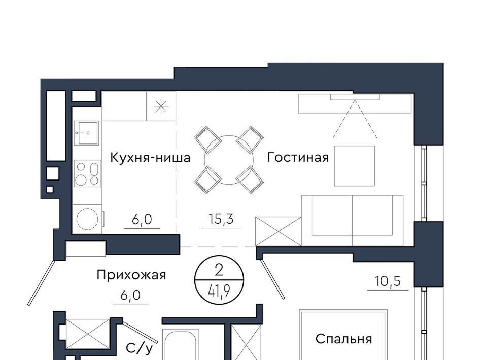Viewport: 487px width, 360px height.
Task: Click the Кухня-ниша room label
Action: pyautogui.click(x=150, y=158)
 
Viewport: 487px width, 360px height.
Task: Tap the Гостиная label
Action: pyautogui.click(x=298, y=157)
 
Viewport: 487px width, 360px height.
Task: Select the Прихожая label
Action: pyautogui.click(x=131, y=275)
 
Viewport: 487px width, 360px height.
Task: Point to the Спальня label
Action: pyautogui.click(x=343, y=339)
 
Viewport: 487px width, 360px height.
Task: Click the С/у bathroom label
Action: pyautogui.click(x=140, y=348)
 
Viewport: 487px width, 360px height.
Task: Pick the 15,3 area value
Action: pyautogui.click(x=221, y=219)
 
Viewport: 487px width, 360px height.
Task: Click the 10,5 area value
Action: pyautogui.click(x=388, y=281)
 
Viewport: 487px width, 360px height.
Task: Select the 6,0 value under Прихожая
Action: pyautogui.click(x=130, y=295)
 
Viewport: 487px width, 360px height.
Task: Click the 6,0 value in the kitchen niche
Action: pyautogui.click(x=142, y=220)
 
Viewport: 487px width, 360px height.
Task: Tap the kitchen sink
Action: pyautogui.click(x=86, y=133)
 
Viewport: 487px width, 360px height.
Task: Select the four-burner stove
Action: pyautogui.click(x=87, y=173)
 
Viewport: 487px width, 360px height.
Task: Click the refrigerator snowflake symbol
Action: pyautogui.click(x=161, y=107)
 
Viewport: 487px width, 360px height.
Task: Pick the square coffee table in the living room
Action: pyautogui.click(x=355, y=166)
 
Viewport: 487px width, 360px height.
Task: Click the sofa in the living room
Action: pyautogui.click(x=352, y=221)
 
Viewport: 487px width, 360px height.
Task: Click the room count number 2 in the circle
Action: pyautogui.click(x=219, y=271)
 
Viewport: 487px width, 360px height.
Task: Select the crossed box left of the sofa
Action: pyautogui.click(x=279, y=231)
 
